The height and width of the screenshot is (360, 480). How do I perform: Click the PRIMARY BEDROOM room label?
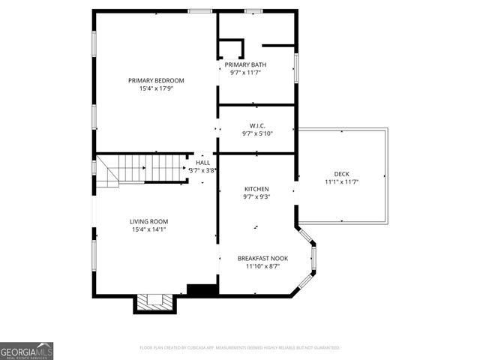[156, 80]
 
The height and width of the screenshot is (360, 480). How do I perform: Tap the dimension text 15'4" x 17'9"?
[156, 88]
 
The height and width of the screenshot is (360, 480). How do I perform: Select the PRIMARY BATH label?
[247, 65]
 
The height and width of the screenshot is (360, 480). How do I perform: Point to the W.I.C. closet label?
[257, 125]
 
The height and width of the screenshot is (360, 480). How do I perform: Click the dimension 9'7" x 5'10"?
[257, 133]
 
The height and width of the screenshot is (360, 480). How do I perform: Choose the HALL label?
[203, 162]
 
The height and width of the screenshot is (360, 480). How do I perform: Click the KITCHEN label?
[256, 189]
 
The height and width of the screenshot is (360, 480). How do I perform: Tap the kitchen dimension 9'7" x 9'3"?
[256, 197]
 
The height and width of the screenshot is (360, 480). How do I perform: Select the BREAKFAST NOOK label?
[259, 256]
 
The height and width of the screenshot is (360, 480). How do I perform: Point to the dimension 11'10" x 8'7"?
[259, 265]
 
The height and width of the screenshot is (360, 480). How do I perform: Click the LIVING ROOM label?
[148, 221]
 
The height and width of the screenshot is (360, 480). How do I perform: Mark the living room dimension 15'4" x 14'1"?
[148, 229]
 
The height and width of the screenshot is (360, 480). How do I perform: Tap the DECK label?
[341, 173]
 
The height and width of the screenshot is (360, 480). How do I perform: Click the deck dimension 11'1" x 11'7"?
[341, 181]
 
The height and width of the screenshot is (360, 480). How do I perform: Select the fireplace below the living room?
[154, 302]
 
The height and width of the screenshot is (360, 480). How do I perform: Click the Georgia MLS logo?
[26, 351]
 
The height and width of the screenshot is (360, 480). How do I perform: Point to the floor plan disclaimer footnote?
[240, 348]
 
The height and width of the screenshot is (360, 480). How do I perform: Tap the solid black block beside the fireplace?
[201, 289]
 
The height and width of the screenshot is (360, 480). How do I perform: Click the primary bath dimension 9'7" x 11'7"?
[248, 73]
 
